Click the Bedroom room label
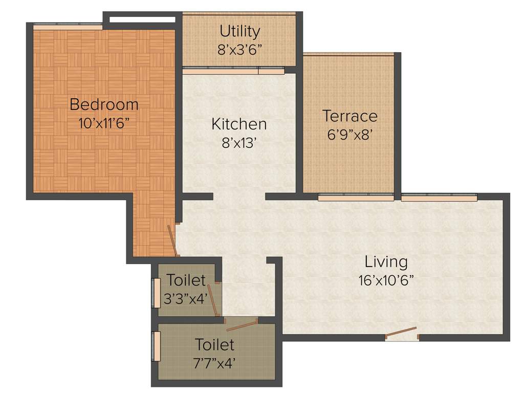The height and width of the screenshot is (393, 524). pos(104,104)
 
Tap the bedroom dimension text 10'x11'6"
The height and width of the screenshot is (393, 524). pos(104,123)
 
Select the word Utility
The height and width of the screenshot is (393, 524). pos(239,31)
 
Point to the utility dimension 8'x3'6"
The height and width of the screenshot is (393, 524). pos(239,50)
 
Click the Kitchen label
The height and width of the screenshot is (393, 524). pos(239,124)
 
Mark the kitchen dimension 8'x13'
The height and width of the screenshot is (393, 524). pos(239,143)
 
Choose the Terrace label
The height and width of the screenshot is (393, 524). pos(350,116)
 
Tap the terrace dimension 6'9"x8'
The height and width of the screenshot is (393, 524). pos(350,135)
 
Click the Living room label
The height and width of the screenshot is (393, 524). pos(386,261)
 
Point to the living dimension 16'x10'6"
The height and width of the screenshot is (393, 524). pos(386,280)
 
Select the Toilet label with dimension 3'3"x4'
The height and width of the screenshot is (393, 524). pos(186,280)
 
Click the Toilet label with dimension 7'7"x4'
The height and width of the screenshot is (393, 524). pos(215,344)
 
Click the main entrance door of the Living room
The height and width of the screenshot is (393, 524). pos(402,334)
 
